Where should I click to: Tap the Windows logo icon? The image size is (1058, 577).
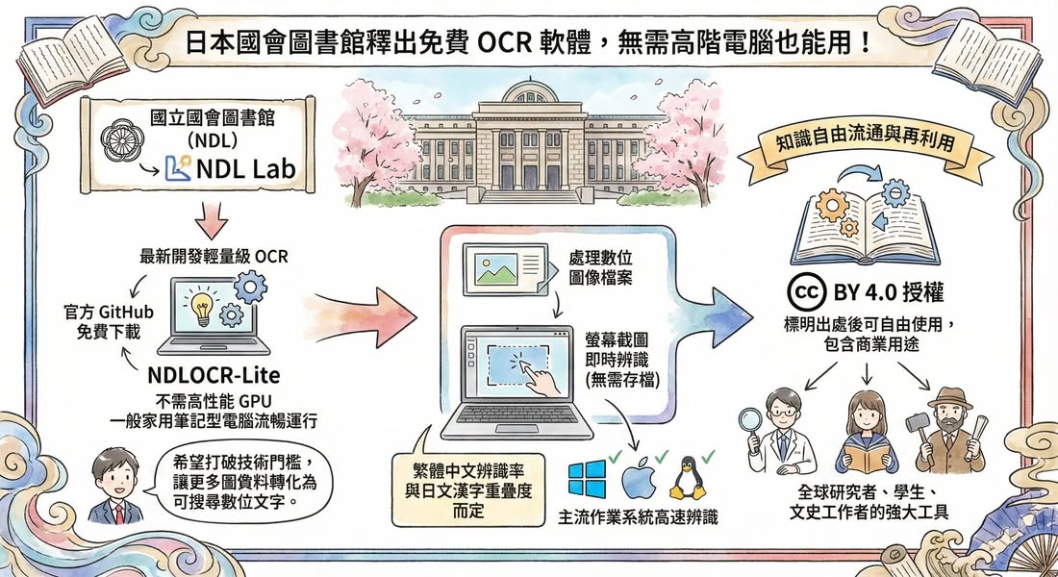586,479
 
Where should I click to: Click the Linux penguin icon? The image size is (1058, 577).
689,477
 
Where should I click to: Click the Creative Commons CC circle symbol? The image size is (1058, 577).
803,288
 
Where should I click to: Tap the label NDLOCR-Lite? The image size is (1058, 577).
208,374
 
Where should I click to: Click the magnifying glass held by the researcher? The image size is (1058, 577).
750,420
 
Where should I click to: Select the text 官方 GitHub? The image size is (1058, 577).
95,314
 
